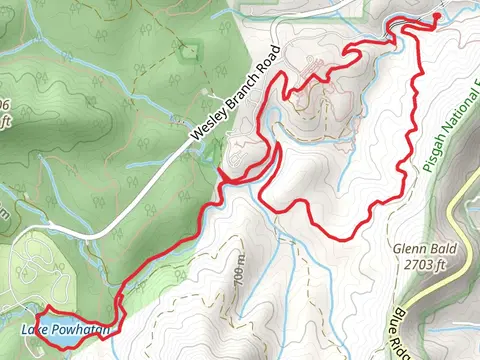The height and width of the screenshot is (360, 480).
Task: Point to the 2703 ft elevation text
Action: tap(406, 266)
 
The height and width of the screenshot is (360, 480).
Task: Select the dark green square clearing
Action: tap(189, 51)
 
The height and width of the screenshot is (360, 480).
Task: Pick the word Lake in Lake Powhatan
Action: tap(33, 330)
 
